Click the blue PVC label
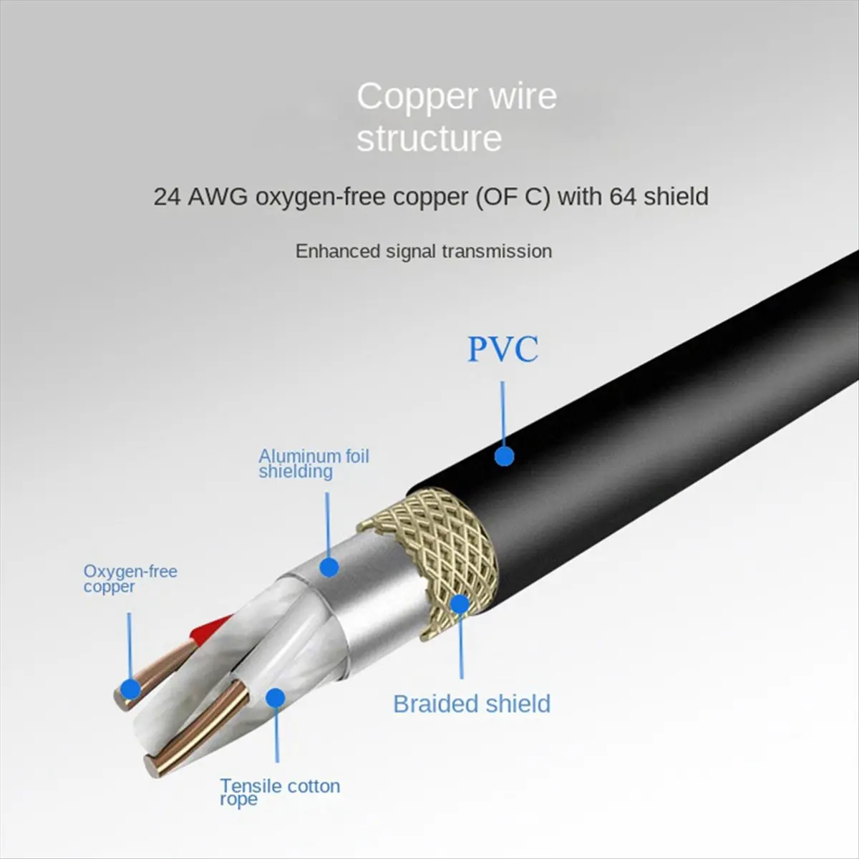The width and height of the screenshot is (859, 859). point(503,350)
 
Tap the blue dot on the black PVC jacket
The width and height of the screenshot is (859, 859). point(505,456)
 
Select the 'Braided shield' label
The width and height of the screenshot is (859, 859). point(472,704)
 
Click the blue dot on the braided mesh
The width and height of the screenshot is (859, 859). point(459,604)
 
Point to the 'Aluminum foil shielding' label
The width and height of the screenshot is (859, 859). point(314,463)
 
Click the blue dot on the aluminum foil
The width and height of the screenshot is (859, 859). point(329,567)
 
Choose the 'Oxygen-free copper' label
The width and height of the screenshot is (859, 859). point(130,578)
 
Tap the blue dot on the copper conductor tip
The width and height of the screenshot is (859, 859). point(130,689)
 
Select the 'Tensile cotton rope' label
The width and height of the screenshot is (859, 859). point(279,792)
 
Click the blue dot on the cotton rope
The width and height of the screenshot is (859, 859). point(275,698)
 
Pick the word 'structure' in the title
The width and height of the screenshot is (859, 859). point(429,138)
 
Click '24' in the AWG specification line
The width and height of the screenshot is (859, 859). point(167,196)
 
